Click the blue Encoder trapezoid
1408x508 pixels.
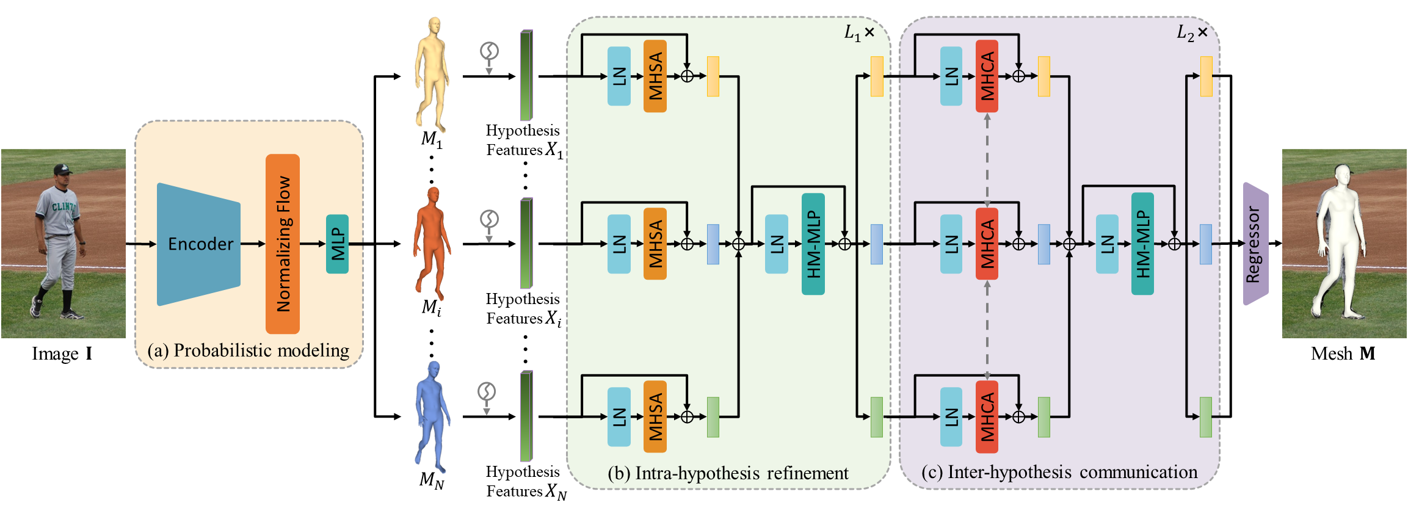tap(198, 244)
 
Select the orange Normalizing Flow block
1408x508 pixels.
tap(283, 244)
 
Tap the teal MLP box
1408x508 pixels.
tap(337, 244)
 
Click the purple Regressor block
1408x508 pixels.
tap(1255, 244)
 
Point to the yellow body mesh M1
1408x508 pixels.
tap(432, 73)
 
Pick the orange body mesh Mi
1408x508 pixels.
tap(432, 241)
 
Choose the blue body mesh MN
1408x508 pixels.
tap(432, 415)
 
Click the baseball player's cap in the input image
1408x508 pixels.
tap(62, 169)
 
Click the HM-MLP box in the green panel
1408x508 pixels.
tap(813, 244)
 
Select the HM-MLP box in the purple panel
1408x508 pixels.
tap(1142, 244)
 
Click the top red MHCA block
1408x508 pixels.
tap(987, 76)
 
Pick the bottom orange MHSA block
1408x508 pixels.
tap(655, 416)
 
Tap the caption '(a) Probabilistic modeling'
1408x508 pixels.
tap(249, 350)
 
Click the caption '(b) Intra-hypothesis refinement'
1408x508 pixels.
tap(728, 473)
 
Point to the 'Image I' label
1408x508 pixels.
tap(62, 354)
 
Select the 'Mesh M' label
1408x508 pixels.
tap(1343, 354)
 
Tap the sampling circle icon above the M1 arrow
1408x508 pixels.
tap(489, 51)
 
